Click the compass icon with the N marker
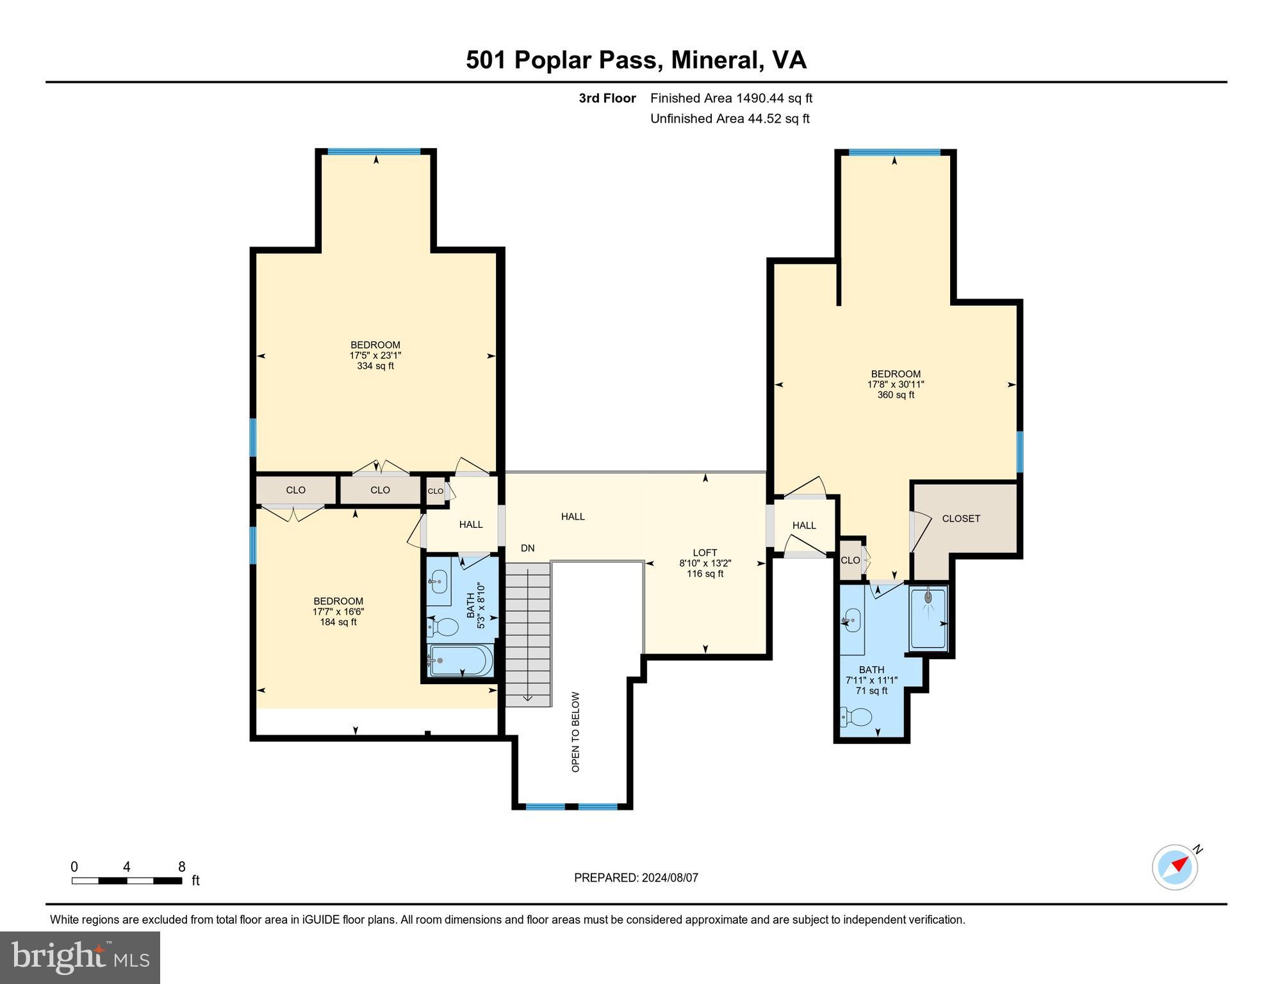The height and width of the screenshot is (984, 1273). [1175, 867]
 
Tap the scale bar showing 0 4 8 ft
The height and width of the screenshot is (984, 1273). [127, 880]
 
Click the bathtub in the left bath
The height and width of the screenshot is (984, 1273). [461, 660]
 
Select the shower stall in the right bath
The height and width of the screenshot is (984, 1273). [928, 618]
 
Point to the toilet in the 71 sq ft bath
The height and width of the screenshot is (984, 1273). [857, 716]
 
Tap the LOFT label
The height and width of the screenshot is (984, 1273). [705, 552]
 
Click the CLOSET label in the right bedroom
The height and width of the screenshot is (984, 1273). [961, 518]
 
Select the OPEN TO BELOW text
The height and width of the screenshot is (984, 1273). [575, 732]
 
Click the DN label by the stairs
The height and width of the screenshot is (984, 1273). [527, 548]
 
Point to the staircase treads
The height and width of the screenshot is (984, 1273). [528, 634]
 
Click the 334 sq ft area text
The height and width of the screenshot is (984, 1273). [375, 366]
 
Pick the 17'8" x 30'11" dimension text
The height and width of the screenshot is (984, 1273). [896, 384]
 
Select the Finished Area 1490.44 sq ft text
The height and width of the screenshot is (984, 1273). [731, 98]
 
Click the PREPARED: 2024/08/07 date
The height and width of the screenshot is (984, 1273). [636, 878]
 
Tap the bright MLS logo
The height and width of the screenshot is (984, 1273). [80, 957]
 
